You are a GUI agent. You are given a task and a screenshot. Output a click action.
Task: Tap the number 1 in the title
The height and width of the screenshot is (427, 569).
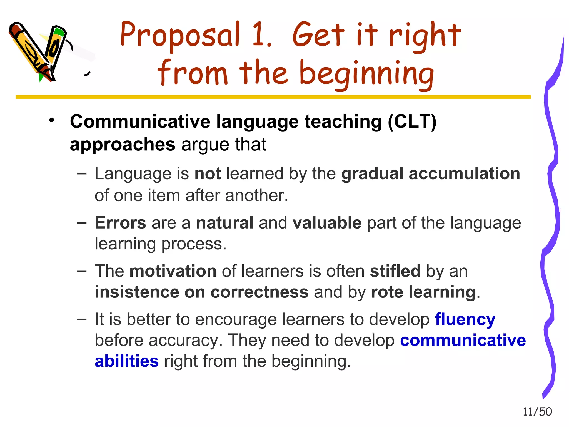[261, 35]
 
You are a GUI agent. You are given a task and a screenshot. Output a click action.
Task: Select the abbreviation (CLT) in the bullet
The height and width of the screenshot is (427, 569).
[412, 122]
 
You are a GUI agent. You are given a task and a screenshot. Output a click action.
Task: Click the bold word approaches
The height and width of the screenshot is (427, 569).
[123, 145]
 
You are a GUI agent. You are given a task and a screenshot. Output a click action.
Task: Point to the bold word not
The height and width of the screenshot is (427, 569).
[208, 174]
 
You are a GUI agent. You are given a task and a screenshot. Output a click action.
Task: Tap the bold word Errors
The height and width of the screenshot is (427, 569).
[120, 223]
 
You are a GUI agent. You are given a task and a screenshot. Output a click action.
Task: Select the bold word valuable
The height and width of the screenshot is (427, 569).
[327, 223]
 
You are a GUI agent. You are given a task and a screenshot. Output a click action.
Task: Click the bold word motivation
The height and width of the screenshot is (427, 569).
[173, 271]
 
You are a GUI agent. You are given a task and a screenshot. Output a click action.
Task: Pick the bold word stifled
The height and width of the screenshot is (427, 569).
[395, 271]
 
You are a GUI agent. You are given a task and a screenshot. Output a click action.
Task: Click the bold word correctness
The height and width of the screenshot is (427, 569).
[259, 292]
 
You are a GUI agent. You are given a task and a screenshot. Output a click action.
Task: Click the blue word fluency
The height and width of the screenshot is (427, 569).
[465, 319]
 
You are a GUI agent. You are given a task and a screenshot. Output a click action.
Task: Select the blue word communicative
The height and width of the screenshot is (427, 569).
[463, 340]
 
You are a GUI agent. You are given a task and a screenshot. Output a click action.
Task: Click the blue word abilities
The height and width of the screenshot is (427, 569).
[127, 361]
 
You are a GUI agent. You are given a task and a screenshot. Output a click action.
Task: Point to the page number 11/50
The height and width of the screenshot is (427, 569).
[537, 412]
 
